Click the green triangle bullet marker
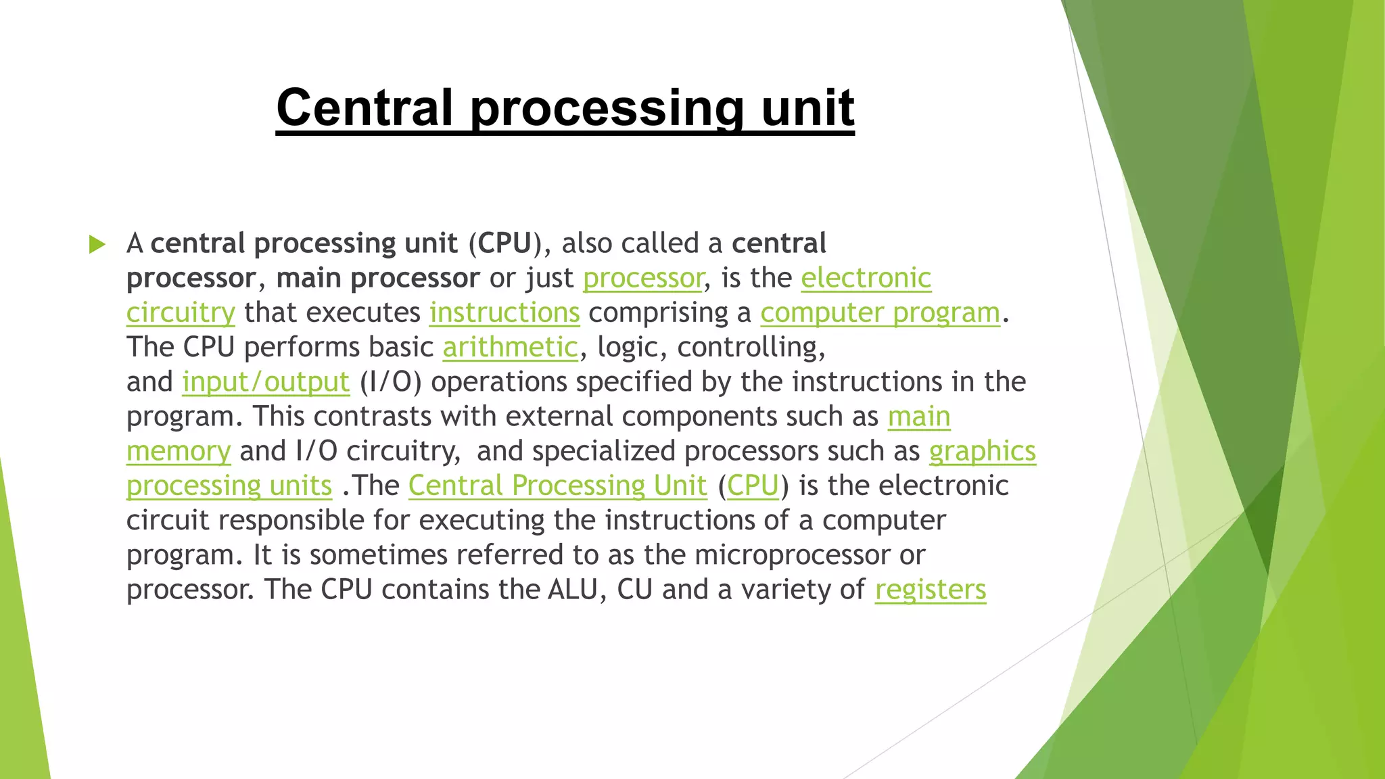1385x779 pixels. point(97,244)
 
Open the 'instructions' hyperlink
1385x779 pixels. point(504,313)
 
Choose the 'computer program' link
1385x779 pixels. point(880,313)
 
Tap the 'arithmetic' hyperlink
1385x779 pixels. point(511,348)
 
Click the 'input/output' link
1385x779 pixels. point(266,382)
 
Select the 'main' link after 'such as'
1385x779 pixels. point(919,417)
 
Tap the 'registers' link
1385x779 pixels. point(931,590)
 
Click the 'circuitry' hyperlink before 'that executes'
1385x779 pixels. point(181,313)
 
